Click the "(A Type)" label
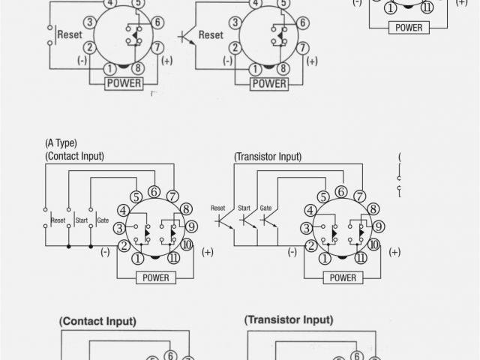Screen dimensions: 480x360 pos(61,142)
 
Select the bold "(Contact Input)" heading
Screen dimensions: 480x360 pos(98,321)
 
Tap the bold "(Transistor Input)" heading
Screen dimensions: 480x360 pos(289,319)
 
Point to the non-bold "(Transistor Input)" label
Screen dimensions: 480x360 pos(268,157)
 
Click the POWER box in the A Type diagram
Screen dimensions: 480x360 pos(156,277)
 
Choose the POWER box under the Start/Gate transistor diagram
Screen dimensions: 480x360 pos(343,277)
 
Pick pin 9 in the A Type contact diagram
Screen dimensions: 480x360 pos(192,226)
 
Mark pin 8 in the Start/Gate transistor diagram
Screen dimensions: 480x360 pos(373,209)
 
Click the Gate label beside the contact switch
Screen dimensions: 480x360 pos(103,220)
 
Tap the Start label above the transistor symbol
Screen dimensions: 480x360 pos(245,208)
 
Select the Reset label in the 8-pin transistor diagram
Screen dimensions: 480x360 pos(211,34)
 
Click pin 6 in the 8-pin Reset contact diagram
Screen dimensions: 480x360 pos(157,22)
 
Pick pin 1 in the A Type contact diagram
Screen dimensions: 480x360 pos(138,259)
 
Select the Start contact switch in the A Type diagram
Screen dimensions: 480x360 pos(69,220)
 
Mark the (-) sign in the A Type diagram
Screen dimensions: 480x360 pos(105,252)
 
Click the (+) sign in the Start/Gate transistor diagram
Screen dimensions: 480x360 pos(394,251)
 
